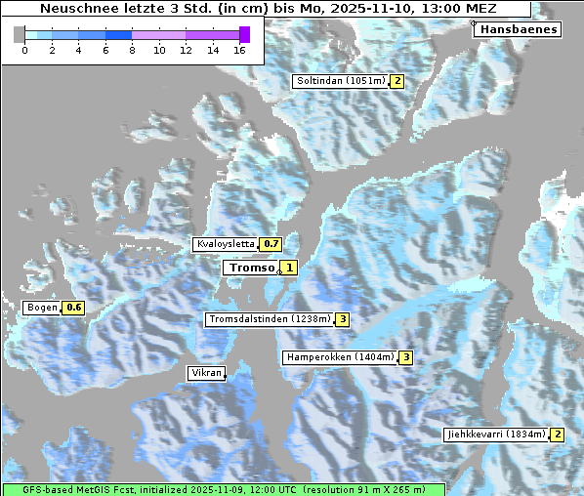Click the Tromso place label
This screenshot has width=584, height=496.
pos(251,268)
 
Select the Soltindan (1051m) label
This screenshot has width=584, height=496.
pos(341,81)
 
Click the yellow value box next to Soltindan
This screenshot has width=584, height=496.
pos(397,81)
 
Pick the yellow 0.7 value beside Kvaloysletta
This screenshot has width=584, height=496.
pos(271,244)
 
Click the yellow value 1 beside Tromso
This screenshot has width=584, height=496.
pos(289,268)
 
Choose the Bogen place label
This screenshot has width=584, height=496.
pos(42,308)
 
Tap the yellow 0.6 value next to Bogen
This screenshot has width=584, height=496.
pos(74,309)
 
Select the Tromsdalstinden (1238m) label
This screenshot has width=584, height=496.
pos(269,319)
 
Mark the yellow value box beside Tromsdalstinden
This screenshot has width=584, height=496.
pos(343,319)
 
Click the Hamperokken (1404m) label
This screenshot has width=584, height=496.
pos(340,357)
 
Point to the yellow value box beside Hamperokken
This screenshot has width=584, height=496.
pos(405,358)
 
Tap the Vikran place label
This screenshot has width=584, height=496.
pos(206,373)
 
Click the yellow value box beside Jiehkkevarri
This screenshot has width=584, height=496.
pos(558,434)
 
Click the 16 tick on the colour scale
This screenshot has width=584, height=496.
pos(239,49)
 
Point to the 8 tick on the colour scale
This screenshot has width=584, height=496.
pos(132,49)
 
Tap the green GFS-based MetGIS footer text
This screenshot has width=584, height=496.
pos(223,489)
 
